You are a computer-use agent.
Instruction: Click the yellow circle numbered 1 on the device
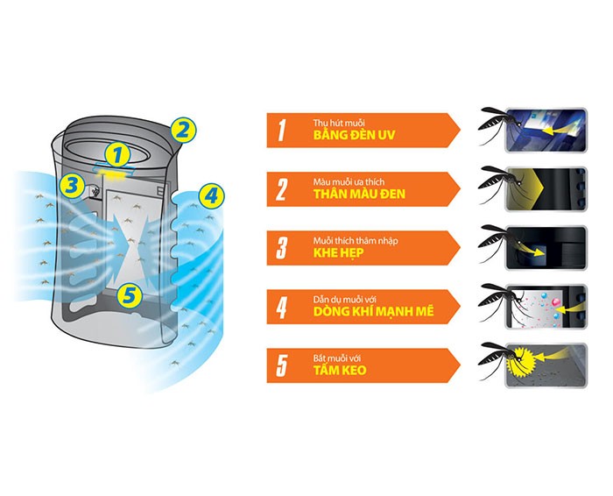(x=117, y=155)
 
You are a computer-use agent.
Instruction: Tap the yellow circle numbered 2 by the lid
(x=183, y=131)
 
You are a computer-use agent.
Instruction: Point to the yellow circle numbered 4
(x=211, y=195)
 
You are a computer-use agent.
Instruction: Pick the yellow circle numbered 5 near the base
(x=130, y=295)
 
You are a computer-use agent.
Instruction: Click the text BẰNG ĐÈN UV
(x=354, y=135)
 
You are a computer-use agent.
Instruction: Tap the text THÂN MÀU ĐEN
(x=359, y=194)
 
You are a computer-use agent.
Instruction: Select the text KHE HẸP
(x=339, y=253)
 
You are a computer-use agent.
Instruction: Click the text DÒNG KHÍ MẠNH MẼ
(x=374, y=311)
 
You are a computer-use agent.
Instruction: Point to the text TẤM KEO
(x=340, y=370)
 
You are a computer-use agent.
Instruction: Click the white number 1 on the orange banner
(x=281, y=131)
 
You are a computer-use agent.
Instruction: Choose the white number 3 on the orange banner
(x=281, y=248)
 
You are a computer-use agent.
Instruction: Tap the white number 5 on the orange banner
(x=281, y=365)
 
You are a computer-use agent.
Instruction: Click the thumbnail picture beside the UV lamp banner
(x=546, y=131)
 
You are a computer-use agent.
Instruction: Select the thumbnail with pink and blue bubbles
(x=546, y=307)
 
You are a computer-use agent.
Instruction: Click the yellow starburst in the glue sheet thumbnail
(x=521, y=361)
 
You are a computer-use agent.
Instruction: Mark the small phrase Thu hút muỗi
(x=339, y=123)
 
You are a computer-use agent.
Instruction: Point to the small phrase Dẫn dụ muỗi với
(x=344, y=300)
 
